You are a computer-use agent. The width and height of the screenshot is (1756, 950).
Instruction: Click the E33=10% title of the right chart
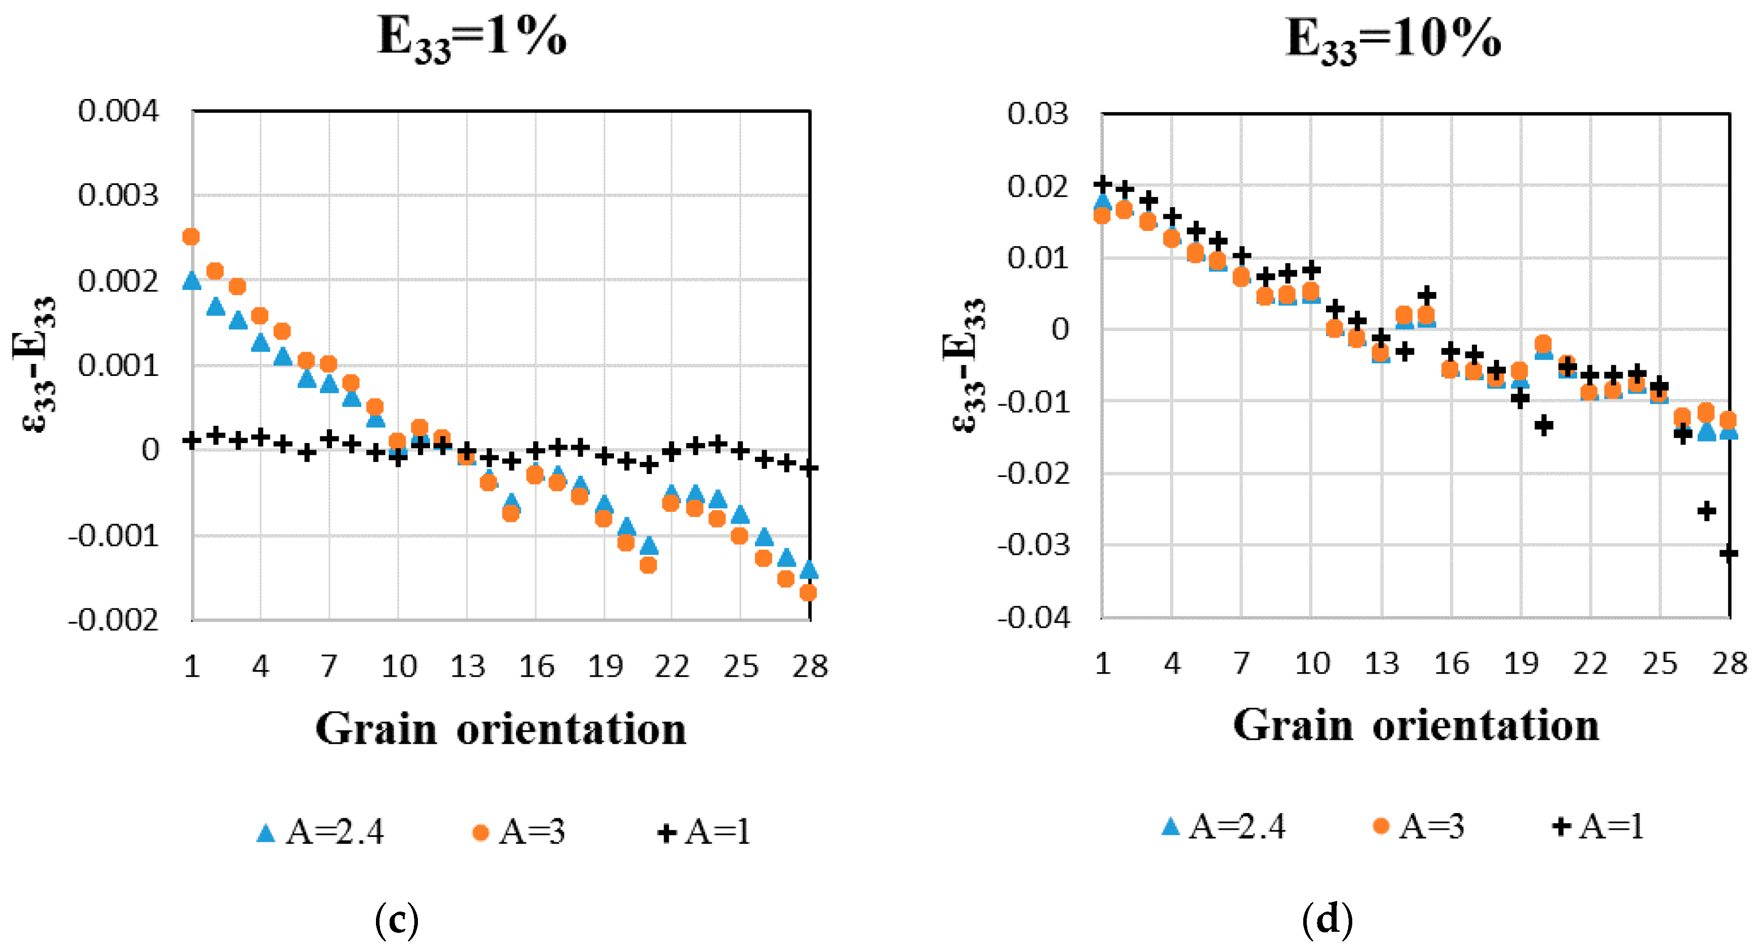(x=1393, y=39)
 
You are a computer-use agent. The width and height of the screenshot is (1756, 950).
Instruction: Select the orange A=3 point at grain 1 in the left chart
(x=192, y=236)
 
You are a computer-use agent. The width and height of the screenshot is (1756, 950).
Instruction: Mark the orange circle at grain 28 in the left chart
(x=808, y=593)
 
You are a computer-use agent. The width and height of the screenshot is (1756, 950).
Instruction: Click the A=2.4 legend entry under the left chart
(x=320, y=831)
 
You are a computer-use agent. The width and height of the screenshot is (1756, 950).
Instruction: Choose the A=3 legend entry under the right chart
(x=1418, y=827)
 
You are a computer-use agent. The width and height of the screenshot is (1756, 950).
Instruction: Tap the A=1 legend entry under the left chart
(x=704, y=831)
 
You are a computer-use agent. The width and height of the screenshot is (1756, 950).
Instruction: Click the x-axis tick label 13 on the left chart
(x=467, y=666)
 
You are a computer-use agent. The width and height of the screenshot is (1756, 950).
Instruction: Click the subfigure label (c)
(x=397, y=920)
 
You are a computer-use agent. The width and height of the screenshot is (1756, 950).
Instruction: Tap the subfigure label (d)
(x=1326, y=920)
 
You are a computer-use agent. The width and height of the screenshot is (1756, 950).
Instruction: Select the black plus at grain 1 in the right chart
(x=1103, y=184)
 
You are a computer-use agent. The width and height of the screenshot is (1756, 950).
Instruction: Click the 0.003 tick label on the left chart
(x=118, y=196)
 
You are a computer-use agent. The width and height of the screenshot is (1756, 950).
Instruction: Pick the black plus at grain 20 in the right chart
(x=1543, y=425)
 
